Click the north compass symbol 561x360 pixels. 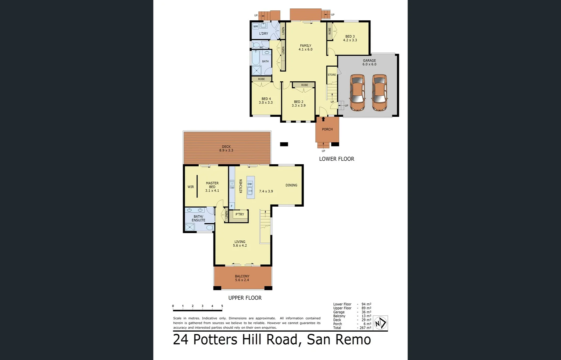pos(380,323)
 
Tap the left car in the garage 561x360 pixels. pos(357,92)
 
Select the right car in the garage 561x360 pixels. pos(379,92)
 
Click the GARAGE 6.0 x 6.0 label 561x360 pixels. pos(369,62)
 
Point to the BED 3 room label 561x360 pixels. pos(350,38)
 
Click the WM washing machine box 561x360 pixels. pos(256,26)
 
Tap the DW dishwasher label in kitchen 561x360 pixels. pos(250,184)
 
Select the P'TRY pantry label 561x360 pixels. pos(240,214)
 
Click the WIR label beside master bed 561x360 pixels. pos(191,187)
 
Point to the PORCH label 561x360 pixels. pos(327,129)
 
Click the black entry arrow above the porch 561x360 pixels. pos(323,119)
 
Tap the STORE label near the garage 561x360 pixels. pos(332,75)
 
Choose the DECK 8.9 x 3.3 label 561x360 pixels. pos(226,148)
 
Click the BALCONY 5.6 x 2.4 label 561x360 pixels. pos(242,278)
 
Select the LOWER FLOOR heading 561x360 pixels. pos(336,159)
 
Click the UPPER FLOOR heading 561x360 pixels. pos(245,298)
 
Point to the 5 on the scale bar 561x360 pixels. pos(222,306)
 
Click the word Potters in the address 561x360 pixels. pos(215,340)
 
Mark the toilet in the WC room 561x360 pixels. pos(256,45)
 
